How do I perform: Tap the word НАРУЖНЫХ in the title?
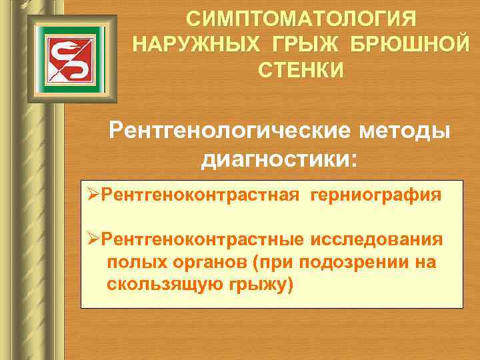click(188, 44)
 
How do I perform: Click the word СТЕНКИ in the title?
click(301, 69)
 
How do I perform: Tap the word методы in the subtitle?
click(411, 130)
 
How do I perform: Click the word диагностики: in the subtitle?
click(280, 159)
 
